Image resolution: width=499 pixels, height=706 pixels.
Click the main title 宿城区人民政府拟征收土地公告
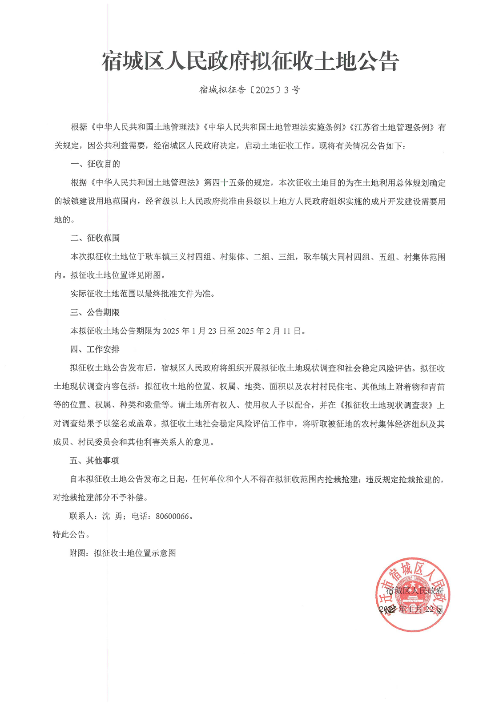250,61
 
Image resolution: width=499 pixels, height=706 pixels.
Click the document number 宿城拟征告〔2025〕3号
249,90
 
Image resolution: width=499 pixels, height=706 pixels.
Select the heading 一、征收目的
95,164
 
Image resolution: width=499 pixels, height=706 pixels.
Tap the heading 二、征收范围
95,238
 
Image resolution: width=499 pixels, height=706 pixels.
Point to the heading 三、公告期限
95,312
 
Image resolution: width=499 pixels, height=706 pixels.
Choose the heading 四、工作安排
95,349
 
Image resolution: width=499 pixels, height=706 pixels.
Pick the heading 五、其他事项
95,460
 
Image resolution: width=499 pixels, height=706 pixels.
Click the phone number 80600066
173,516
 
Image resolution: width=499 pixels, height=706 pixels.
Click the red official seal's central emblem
413,595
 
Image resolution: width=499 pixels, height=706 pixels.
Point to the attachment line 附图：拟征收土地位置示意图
123,553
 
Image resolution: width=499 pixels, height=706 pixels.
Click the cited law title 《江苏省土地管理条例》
391,127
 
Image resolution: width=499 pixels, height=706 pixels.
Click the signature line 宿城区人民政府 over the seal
414,591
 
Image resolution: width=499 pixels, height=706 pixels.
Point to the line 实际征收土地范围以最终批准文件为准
142,294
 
